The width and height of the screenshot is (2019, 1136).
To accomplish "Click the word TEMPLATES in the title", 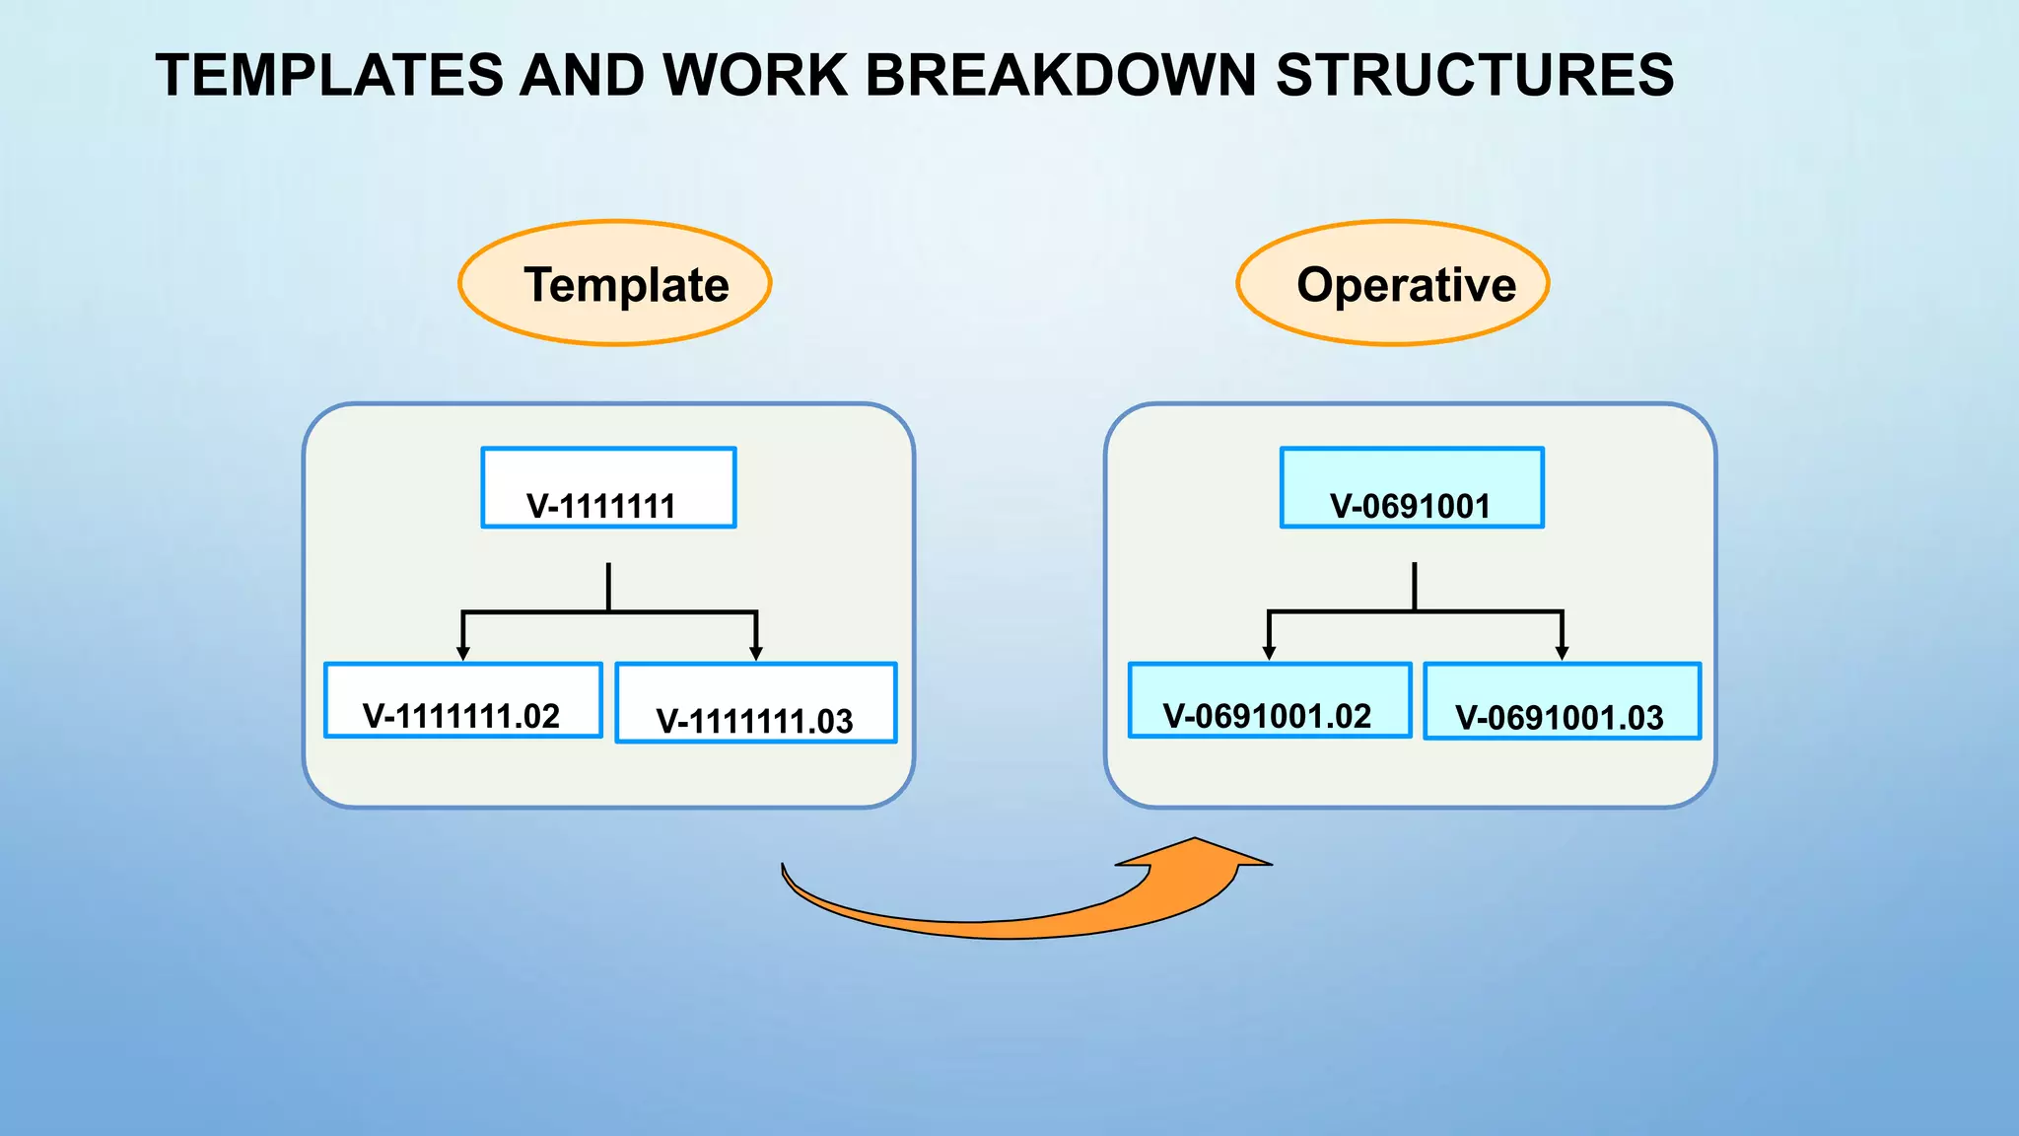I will click(x=329, y=75).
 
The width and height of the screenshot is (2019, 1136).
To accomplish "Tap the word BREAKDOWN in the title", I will click(x=1060, y=75).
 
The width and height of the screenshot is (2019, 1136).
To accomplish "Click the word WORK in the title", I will click(x=754, y=75).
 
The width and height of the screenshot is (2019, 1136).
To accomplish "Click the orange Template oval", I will click(x=615, y=283).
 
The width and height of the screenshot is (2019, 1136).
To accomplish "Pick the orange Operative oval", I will click(x=1393, y=283).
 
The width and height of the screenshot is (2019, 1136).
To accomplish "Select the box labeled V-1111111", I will click(x=608, y=488).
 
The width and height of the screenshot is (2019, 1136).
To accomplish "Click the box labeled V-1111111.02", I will click(x=463, y=700).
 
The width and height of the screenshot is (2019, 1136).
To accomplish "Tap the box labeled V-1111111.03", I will click(x=755, y=702).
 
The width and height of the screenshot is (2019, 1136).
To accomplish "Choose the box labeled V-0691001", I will click(x=1412, y=488).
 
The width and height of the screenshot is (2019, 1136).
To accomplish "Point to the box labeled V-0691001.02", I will click(x=1270, y=700).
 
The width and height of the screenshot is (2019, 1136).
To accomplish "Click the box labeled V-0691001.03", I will click(x=1562, y=701).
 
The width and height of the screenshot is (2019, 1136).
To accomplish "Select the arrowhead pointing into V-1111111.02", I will click(x=463, y=653).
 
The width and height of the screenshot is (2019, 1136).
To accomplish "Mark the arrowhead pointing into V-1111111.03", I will click(x=756, y=653).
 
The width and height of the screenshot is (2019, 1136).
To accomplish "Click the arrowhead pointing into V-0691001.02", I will click(x=1270, y=653).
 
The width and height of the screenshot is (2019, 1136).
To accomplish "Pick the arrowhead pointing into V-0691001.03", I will click(x=1562, y=653).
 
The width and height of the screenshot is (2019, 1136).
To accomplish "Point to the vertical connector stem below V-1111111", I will click(x=608, y=587).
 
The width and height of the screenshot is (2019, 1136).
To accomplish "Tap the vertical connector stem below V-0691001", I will click(x=1415, y=587).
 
